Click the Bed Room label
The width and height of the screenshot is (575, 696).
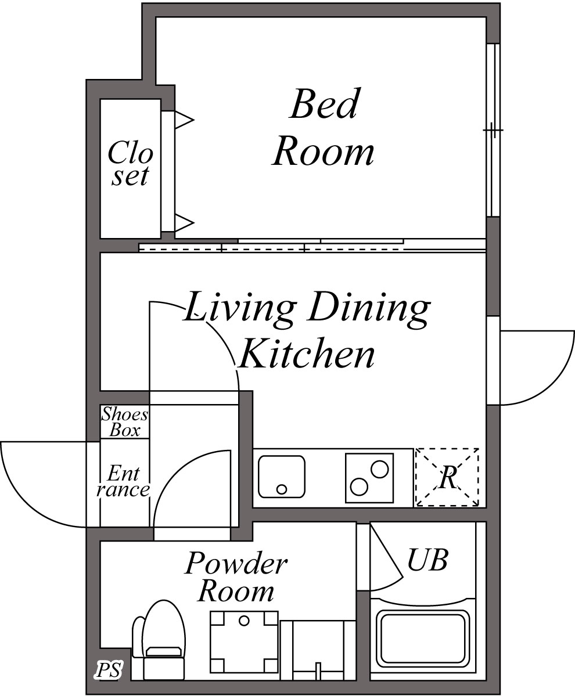pos(324,128)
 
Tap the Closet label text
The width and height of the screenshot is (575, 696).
pos(131,164)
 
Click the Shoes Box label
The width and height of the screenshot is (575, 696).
pos(125,422)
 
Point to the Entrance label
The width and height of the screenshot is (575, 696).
pos(124,482)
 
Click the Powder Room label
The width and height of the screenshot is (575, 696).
pos(236,578)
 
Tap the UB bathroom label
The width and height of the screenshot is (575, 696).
pos(427,560)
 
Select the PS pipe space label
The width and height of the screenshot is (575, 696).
pos(109,671)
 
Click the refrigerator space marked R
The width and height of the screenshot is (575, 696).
pos(447,478)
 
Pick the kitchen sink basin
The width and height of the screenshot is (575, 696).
pos(282,477)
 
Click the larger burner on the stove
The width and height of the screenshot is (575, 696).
pos(380,468)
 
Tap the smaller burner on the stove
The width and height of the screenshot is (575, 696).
pos(359,486)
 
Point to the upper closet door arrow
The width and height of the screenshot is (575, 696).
pos(184,121)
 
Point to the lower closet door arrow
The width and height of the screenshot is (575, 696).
pos(184,221)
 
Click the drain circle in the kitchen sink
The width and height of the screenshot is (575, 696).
pos(282,488)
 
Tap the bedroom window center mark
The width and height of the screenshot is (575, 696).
pos(493,131)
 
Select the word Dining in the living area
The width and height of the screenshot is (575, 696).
pos(368,308)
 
